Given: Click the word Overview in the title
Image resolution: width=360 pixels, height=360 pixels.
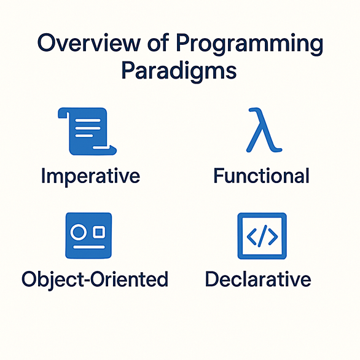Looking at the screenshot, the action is (x=89, y=43).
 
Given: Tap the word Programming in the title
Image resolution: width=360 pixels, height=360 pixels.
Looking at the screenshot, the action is (x=250, y=45).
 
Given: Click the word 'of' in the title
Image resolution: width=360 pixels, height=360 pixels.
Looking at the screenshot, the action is (x=158, y=42).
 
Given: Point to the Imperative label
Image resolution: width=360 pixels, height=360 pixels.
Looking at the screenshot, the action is (x=90, y=176).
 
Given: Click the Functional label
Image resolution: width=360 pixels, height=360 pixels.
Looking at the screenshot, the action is (x=262, y=176).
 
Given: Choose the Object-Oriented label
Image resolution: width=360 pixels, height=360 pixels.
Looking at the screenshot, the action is (x=95, y=280).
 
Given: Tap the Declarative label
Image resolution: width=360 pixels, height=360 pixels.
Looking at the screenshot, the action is (x=258, y=279).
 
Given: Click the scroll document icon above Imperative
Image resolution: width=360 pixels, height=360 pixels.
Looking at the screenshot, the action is (x=87, y=131).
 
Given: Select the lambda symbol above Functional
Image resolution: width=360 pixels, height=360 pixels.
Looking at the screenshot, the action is (x=264, y=130).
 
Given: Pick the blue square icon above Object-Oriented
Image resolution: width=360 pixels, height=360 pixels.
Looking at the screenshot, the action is (x=88, y=235).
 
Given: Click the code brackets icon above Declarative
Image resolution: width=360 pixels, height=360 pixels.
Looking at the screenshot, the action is (x=262, y=236).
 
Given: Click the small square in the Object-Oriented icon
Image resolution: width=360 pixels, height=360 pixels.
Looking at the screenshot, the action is (x=99, y=232).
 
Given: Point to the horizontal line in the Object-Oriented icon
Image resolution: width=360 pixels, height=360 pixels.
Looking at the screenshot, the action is (x=89, y=247).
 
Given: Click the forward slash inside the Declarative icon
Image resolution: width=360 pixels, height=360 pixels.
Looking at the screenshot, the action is (x=262, y=236).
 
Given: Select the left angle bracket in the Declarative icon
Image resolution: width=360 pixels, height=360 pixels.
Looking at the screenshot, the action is (x=252, y=237).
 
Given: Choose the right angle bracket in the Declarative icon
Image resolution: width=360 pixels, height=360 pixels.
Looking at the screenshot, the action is (x=273, y=237).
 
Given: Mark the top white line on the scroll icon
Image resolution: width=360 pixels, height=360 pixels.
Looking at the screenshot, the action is (x=88, y=120).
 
